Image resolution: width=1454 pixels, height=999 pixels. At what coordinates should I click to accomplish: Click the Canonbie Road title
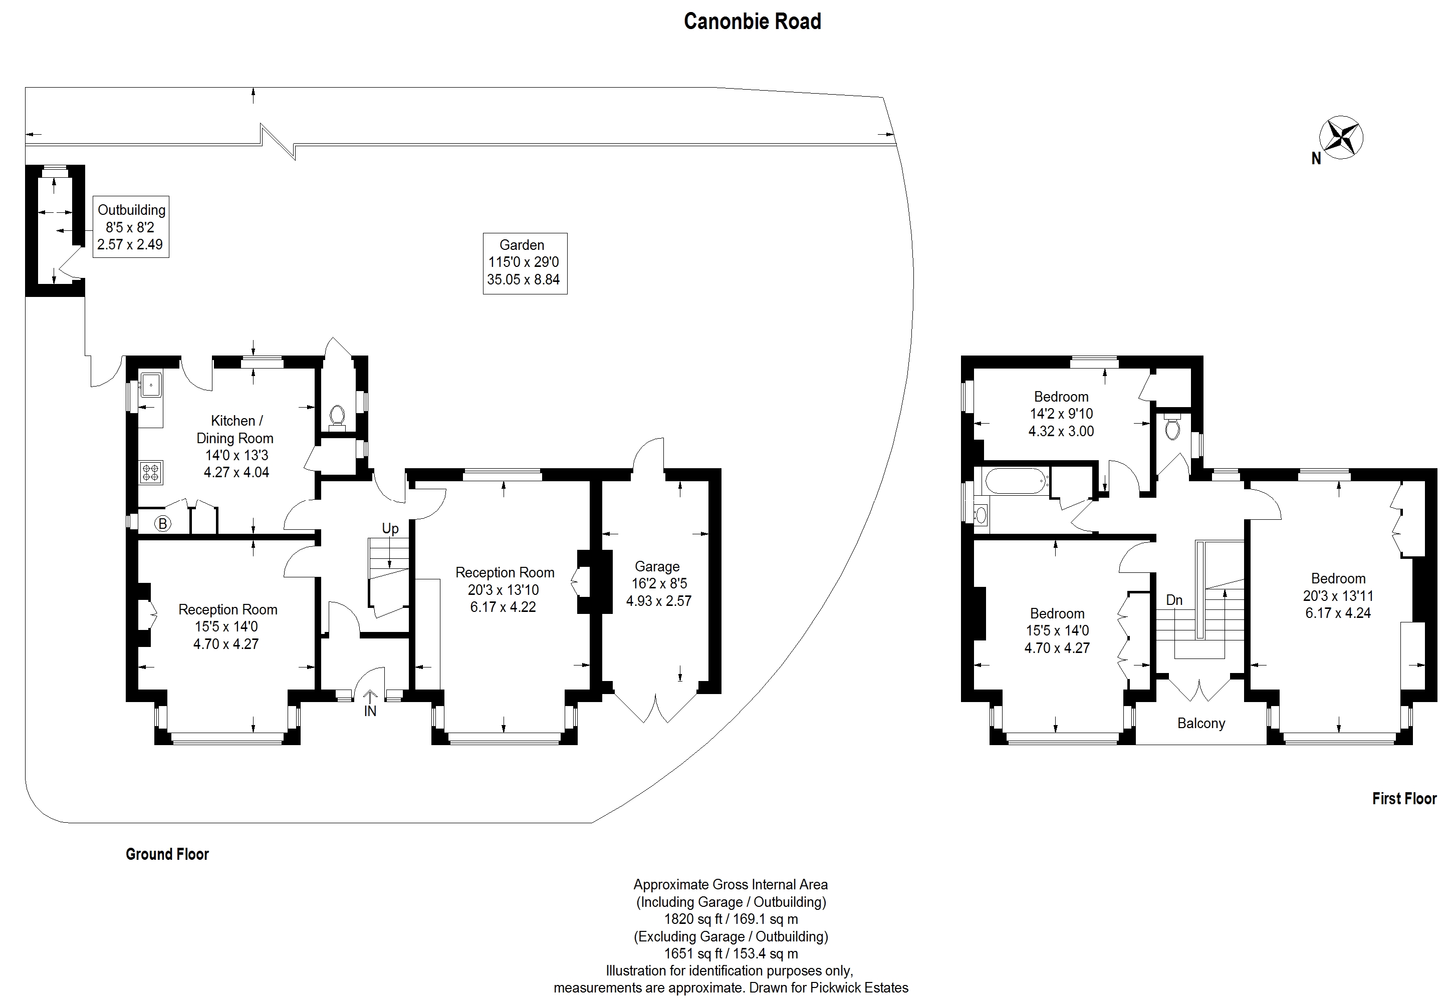(x=752, y=21)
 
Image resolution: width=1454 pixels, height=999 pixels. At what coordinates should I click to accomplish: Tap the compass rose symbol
(x=1341, y=138)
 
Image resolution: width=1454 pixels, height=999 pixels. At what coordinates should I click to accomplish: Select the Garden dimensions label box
(x=525, y=263)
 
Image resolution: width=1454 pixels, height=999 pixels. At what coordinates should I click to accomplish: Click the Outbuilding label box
(x=131, y=226)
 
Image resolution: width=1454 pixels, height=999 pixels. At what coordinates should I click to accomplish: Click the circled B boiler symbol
(x=163, y=523)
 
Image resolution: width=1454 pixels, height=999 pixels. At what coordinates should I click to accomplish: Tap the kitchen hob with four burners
(x=150, y=472)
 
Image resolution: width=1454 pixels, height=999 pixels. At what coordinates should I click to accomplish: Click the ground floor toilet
(x=337, y=417)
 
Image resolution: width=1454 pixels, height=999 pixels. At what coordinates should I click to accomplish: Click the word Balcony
(x=1200, y=723)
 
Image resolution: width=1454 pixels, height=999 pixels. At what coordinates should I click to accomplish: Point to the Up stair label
(x=390, y=528)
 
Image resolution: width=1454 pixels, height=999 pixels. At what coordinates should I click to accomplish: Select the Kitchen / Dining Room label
(x=235, y=446)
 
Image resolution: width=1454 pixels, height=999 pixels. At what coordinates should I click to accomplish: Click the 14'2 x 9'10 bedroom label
(x=1061, y=414)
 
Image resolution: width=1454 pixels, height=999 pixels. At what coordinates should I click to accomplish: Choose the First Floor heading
(x=1404, y=799)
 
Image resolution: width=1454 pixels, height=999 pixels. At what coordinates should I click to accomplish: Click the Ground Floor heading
(x=167, y=854)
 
